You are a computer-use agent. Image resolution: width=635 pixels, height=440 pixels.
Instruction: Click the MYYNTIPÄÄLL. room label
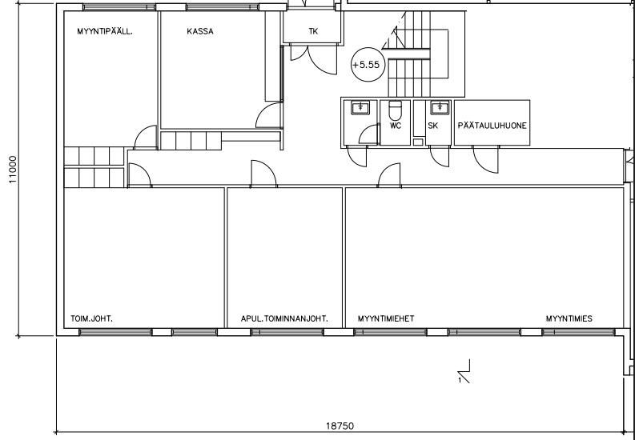(104, 31)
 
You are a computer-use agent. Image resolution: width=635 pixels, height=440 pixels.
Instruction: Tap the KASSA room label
(200, 31)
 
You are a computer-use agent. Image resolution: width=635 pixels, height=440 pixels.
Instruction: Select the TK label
(313, 31)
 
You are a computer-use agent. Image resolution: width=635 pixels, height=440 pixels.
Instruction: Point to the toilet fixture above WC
(395, 110)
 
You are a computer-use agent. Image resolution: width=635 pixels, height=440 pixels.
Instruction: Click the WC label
(396, 126)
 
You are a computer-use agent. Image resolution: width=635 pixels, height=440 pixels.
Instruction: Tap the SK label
(432, 126)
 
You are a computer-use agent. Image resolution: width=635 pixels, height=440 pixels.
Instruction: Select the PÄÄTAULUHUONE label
(492, 126)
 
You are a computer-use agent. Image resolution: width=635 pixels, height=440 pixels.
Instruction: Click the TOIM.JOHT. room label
(91, 318)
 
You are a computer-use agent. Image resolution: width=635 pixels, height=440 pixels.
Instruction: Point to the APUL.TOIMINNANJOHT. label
(284, 318)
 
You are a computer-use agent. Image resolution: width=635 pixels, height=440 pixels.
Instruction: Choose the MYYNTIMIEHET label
(386, 318)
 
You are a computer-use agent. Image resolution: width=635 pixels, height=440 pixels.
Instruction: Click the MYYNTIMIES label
(569, 318)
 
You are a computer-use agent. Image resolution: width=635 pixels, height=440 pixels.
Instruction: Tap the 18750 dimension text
(340, 426)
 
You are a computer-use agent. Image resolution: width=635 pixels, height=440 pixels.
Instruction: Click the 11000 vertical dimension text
(14, 170)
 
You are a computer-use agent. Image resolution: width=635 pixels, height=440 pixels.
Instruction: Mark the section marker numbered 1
(464, 371)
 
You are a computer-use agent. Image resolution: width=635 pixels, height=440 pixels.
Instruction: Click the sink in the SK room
(439, 108)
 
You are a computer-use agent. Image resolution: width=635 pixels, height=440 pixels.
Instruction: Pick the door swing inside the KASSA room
(269, 115)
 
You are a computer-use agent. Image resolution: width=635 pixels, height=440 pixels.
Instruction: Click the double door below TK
(314, 59)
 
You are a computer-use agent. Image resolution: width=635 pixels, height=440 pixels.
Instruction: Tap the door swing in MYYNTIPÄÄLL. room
(146, 137)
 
